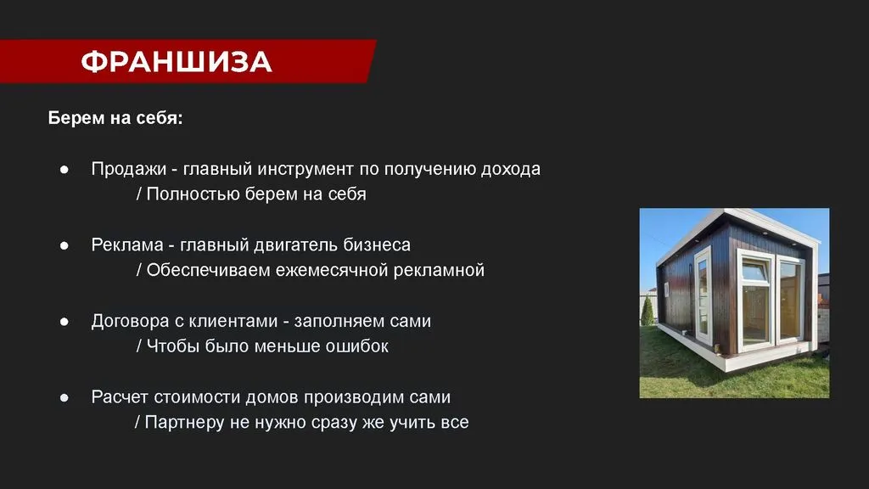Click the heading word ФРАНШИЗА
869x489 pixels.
(x=177, y=61)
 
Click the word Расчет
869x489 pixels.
(x=119, y=397)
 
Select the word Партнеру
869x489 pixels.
(x=183, y=422)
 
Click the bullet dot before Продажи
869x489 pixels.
(x=64, y=170)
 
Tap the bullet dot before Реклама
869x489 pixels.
(x=64, y=245)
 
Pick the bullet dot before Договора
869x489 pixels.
(x=64, y=322)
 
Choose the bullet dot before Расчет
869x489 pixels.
(x=64, y=397)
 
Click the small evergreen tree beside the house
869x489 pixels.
(x=647, y=311)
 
